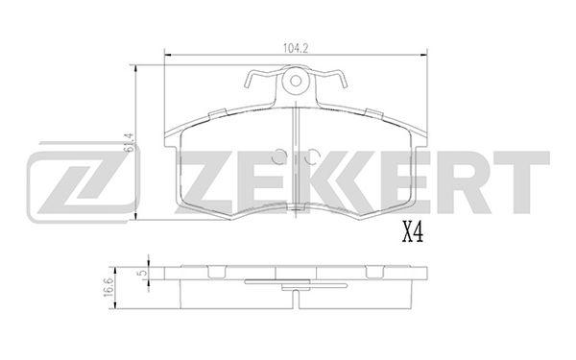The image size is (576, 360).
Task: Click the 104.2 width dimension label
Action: [x=296, y=48]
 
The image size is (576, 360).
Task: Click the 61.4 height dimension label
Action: [x=129, y=142]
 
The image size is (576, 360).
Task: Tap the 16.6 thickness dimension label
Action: [x=108, y=288]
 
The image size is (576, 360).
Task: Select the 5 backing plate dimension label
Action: [x=144, y=273]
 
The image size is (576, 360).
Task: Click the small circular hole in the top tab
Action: [x=296, y=81]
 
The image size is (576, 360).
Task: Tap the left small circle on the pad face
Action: [x=279, y=156]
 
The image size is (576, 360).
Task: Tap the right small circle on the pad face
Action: [x=311, y=156]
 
